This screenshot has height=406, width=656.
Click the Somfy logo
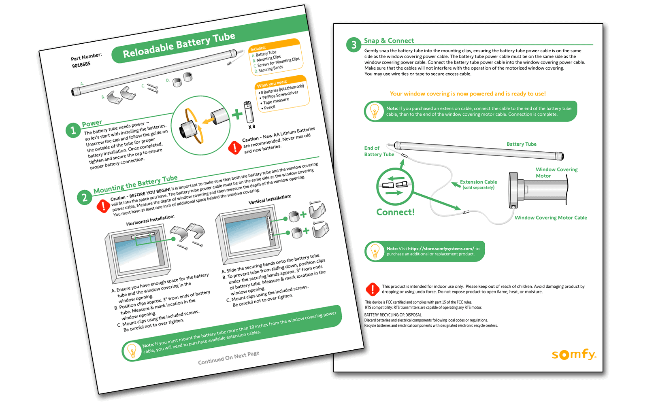coord(574,355)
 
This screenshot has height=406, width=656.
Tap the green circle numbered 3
coord(354,45)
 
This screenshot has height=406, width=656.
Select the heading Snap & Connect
coord(389,40)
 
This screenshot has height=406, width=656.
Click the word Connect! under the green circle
coord(395,212)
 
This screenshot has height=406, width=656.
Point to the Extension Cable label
coord(478,183)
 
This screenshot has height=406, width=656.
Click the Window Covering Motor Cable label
coord(550,218)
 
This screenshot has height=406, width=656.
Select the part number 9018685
coord(81,64)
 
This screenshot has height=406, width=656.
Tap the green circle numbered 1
coord(73,130)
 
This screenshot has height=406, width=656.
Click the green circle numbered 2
coord(84,197)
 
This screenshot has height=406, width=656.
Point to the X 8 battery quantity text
coord(251,127)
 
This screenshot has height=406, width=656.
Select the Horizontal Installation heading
coord(150,220)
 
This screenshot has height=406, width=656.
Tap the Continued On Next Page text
coord(228,357)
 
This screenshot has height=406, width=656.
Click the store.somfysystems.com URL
coord(441,249)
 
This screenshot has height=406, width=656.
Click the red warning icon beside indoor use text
coord(372,289)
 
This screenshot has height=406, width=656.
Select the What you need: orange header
coord(272,84)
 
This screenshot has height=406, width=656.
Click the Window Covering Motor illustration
coord(539,190)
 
